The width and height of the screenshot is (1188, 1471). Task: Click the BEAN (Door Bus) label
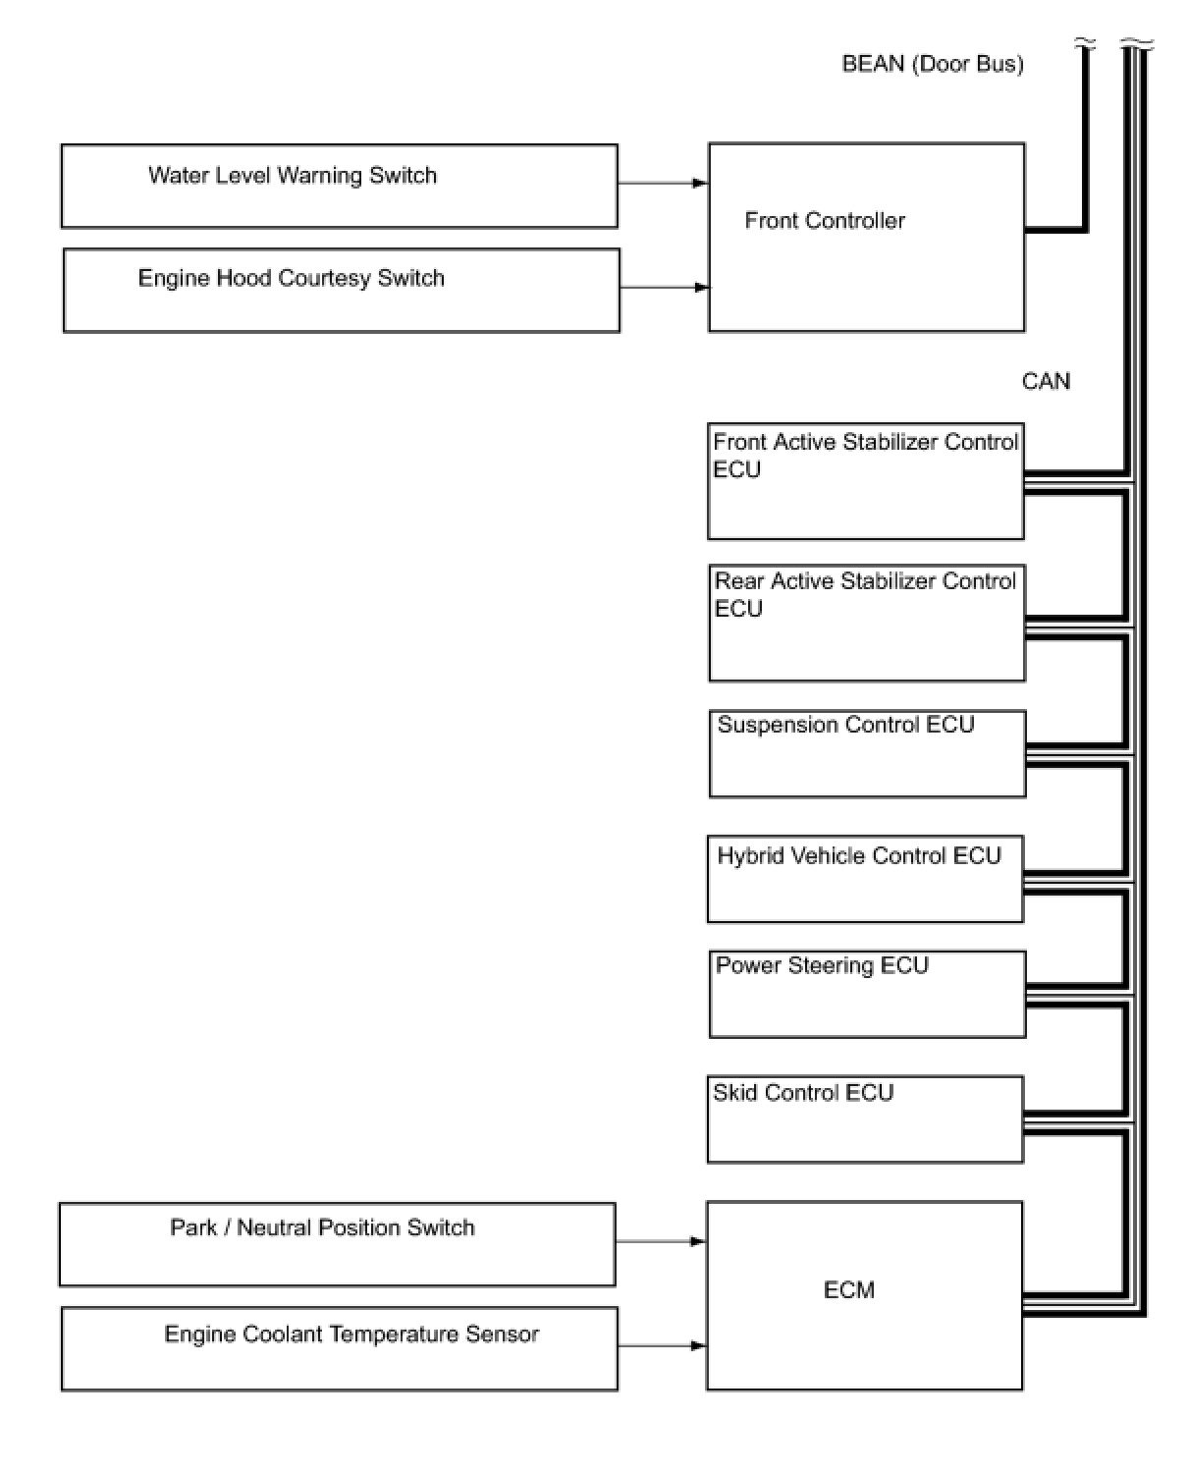[x=932, y=64]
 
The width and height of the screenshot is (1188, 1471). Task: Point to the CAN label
[x=1046, y=381]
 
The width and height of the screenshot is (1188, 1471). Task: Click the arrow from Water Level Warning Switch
[x=663, y=183]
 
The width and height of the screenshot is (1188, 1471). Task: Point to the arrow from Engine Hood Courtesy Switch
[x=664, y=288]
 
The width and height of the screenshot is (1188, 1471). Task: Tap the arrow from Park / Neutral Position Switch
[x=661, y=1241]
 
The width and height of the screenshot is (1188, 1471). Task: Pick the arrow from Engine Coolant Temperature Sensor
[x=662, y=1345]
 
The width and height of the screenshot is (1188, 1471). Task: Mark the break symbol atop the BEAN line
[x=1085, y=44]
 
